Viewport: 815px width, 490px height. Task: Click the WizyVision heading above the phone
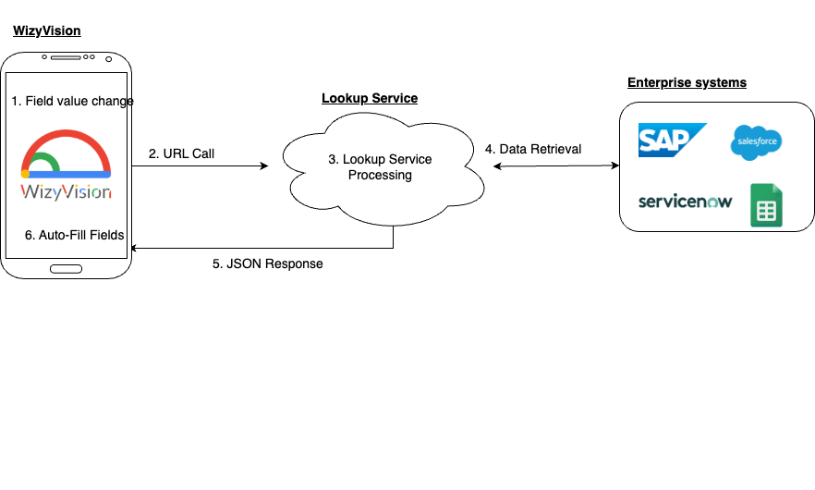(46, 31)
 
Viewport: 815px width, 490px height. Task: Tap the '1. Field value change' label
(73, 101)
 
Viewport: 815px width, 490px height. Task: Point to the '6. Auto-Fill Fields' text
(75, 235)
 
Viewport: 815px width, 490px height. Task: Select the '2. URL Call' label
(181, 153)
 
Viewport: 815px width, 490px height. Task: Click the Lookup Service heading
(370, 98)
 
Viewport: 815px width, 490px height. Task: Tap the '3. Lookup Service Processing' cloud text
(380, 167)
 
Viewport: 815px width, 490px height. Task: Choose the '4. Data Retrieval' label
(533, 149)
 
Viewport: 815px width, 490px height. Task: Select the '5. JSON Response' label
(268, 263)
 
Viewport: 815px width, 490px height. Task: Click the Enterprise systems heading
(687, 82)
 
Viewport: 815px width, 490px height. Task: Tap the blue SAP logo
(672, 140)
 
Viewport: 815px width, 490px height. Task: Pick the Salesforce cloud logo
(757, 142)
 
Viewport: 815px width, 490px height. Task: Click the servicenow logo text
(685, 202)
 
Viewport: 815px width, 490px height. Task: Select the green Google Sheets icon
(766, 205)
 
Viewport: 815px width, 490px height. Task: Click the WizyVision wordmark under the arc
(67, 192)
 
